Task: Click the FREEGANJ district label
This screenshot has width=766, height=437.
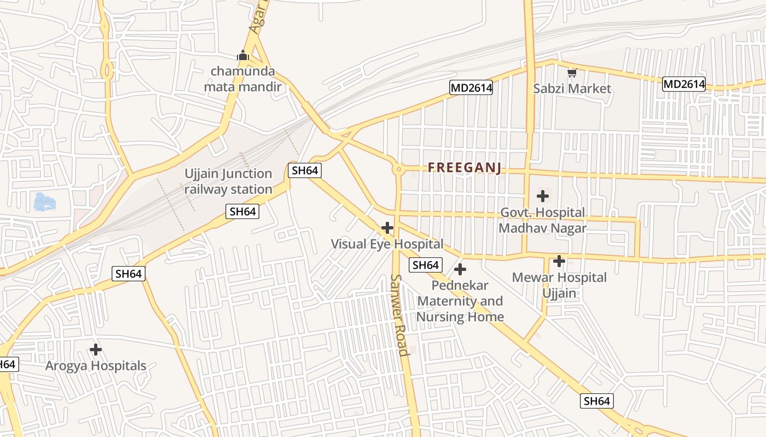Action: [x=465, y=167]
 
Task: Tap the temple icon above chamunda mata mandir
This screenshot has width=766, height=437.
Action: [x=243, y=55]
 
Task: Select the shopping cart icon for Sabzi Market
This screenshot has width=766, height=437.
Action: [x=572, y=72]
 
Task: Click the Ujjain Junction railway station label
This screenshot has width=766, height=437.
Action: [x=228, y=181]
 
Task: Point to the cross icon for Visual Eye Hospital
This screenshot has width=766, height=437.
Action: [x=387, y=228]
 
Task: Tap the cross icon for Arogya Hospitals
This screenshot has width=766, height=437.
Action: [x=96, y=349]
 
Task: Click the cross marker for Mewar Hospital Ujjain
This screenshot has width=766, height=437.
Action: [x=559, y=261]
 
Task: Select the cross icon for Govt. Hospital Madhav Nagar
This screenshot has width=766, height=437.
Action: [x=543, y=196]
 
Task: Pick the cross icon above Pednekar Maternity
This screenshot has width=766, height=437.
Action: [x=460, y=269]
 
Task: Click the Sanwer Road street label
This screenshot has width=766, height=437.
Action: [x=399, y=315]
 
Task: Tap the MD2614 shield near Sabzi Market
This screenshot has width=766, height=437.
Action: [x=683, y=84]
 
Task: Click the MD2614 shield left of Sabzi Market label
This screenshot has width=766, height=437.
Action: [x=471, y=87]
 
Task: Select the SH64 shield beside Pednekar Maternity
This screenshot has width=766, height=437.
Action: [x=425, y=265]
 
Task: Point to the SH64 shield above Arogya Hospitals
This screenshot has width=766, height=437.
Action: [x=129, y=274]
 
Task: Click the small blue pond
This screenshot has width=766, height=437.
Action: [x=44, y=202]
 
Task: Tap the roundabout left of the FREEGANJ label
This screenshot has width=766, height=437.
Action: [x=398, y=169]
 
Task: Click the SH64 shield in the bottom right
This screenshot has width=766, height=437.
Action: [x=596, y=401]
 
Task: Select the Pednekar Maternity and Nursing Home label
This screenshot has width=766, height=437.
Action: [x=460, y=301]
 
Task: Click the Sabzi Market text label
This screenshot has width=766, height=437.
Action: [x=572, y=88]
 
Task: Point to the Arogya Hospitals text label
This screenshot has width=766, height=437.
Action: [x=96, y=365]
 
